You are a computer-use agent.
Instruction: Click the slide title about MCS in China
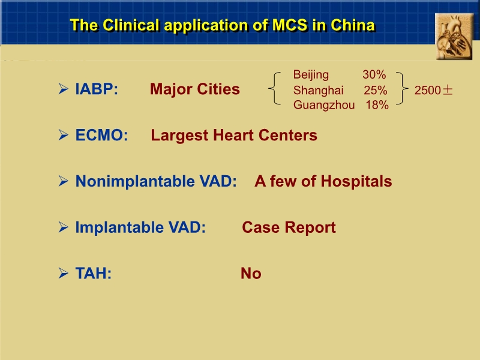coord(222,25)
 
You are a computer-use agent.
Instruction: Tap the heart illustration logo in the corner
coord(454,37)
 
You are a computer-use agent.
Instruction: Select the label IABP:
coord(97,90)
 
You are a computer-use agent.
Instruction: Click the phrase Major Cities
coord(194,89)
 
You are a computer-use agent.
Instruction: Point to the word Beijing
coord(311,75)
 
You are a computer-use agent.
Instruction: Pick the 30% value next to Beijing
coord(374,75)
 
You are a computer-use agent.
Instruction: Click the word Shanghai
coord(318,91)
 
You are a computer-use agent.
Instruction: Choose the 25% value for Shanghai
coord(375,91)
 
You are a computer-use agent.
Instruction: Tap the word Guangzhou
coord(323,106)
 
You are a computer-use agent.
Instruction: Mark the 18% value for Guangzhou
coord(377,106)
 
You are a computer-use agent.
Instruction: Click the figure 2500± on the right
coord(434,91)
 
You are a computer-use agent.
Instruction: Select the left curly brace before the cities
coord(274,89)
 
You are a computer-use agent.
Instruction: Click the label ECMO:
coord(101,136)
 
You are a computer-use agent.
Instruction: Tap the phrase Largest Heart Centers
coord(234,136)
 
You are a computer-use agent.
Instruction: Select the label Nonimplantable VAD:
coord(156,181)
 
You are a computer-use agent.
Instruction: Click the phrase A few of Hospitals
coord(323,181)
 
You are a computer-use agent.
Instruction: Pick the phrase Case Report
coord(289,228)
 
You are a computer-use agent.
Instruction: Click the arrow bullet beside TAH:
coord(63,274)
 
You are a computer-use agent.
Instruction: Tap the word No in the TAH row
coord(251,274)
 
